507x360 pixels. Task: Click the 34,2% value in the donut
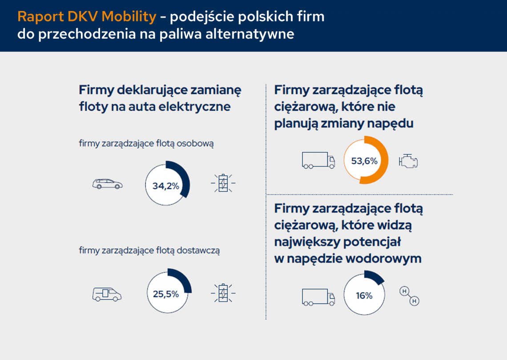(x=165, y=186)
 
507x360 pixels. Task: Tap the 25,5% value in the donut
(x=165, y=294)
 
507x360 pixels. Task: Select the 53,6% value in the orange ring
(x=364, y=161)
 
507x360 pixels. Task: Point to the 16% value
(x=364, y=295)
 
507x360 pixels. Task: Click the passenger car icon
(x=107, y=184)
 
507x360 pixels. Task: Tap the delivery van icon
(x=107, y=294)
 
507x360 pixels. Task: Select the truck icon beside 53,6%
(x=318, y=160)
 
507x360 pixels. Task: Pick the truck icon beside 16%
(x=318, y=297)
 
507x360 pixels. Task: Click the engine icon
(x=408, y=161)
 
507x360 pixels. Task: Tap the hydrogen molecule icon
(x=409, y=296)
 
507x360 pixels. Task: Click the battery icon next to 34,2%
(x=223, y=183)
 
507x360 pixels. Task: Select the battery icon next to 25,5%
(x=223, y=293)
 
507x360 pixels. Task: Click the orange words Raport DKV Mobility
(x=87, y=17)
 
